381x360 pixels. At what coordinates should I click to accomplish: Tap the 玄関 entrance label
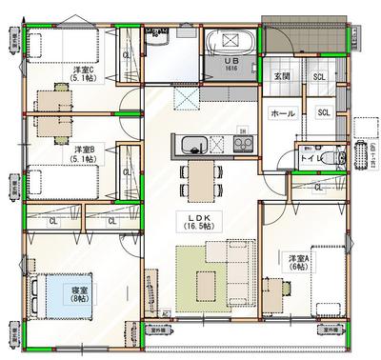click(282, 76)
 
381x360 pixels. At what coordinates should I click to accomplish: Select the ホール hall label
click(284, 112)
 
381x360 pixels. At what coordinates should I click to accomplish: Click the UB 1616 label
click(231, 64)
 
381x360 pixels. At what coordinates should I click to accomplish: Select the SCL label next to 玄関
click(319, 76)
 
